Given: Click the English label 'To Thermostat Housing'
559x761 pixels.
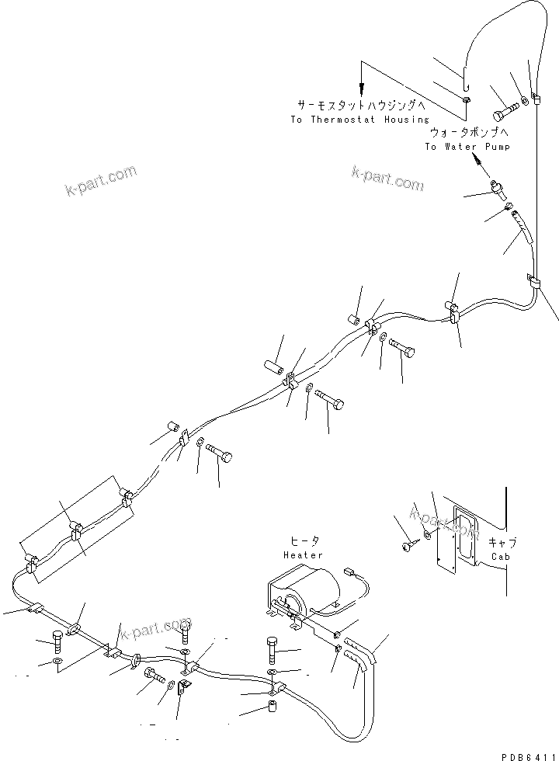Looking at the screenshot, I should pyautogui.click(x=359, y=120).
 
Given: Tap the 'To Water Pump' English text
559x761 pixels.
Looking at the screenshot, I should pyautogui.click(x=467, y=147).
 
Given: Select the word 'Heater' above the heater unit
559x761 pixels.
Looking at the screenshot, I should pyautogui.click(x=303, y=555).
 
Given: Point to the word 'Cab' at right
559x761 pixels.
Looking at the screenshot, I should pyautogui.click(x=499, y=555).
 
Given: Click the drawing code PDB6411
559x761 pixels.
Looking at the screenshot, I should pyautogui.click(x=528, y=754).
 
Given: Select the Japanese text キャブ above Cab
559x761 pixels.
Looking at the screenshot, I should pyautogui.click(x=502, y=543).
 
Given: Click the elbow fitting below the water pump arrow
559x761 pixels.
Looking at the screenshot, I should pyautogui.click(x=498, y=189).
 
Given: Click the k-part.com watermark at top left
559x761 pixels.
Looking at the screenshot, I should pyautogui.click(x=101, y=182).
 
